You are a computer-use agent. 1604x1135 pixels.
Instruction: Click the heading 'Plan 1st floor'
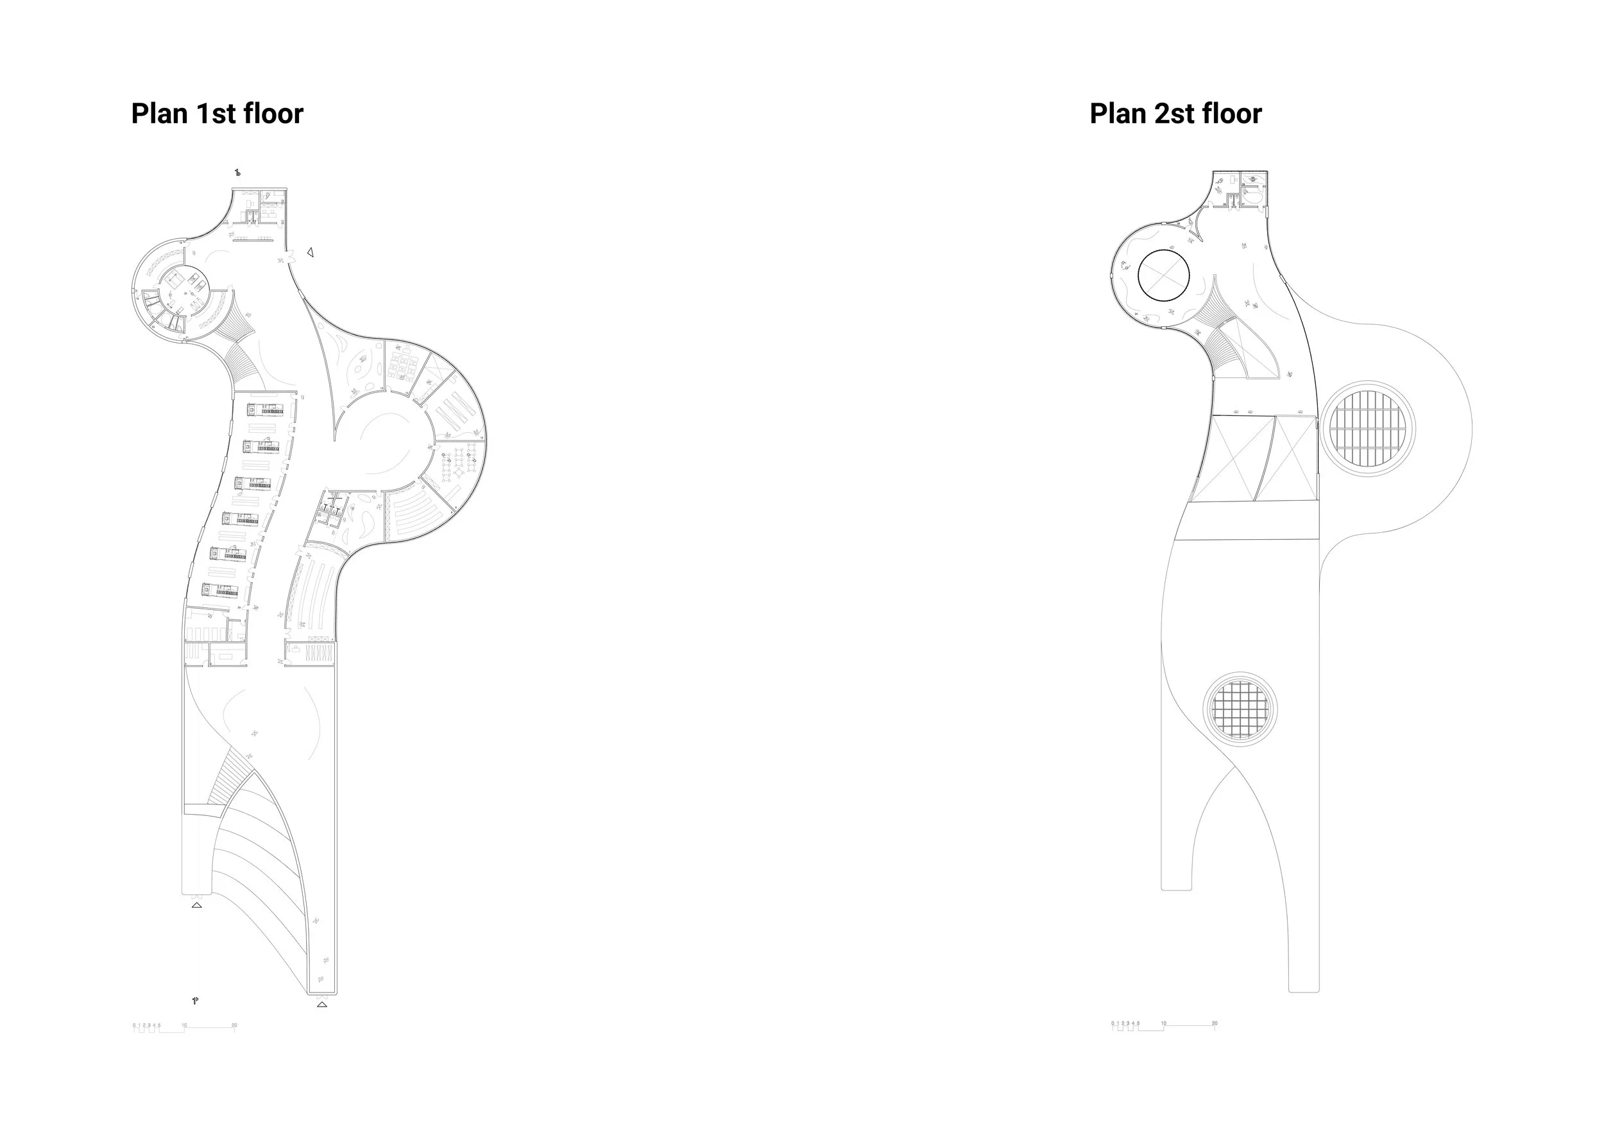[218, 114]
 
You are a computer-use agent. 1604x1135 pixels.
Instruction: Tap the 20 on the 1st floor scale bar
[234, 1025]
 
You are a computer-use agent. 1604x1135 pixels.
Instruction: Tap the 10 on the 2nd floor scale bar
[1163, 1023]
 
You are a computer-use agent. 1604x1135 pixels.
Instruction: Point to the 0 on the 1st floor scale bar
[134, 1025]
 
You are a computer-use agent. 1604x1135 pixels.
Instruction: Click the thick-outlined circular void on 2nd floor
[1163, 275]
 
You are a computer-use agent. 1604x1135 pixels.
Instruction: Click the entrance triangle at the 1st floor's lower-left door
[196, 905]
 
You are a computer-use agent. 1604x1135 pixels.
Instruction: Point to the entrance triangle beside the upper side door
[310, 252]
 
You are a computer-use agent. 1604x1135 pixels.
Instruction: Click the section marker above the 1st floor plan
[237, 172]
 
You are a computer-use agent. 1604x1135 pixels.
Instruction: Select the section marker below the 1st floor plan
[195, 1001]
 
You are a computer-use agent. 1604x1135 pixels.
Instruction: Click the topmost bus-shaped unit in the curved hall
[266, 409]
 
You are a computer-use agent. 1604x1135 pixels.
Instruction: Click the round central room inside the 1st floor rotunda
[182, 294]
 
